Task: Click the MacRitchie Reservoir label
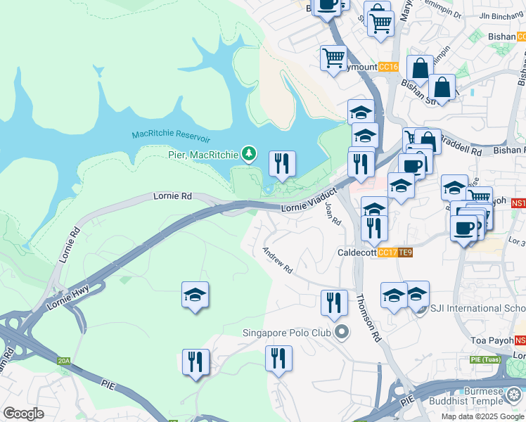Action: coord(171,134)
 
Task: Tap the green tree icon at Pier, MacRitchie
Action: coord(248,153)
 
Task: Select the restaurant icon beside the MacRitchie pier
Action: coord(282,165)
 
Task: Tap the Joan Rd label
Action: coord(333,213)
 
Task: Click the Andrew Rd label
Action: coord(277,260)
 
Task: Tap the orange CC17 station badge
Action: coord(387,252)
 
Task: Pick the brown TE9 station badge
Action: coord(405,252)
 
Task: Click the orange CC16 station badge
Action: coord(388,67)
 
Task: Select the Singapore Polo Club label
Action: coord(288,333)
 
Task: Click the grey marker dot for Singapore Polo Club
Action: coord(342,332)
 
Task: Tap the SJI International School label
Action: coord(477,308)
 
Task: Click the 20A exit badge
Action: coord(64,361)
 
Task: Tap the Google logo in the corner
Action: coord(23,414)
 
